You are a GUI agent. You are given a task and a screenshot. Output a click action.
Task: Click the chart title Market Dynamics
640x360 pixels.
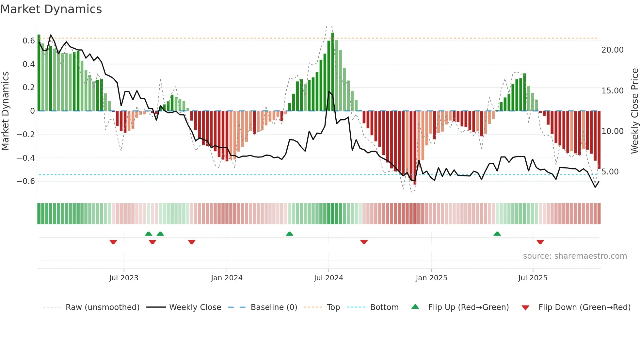[x=51, y=9]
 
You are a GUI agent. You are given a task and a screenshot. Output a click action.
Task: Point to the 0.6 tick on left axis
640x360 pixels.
[x=29, y=41]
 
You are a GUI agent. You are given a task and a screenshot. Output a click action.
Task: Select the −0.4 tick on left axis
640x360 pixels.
[x=26, y=158]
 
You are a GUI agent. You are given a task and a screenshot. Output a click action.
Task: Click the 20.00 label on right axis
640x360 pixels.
[x=612, y=50]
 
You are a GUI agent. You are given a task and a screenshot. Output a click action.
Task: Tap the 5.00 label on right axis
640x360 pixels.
[x=610, y=172]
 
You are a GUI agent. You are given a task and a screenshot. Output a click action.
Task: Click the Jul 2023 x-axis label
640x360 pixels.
[x=124, y=278]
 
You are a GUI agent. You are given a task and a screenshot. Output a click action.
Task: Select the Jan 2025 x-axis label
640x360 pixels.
[x=431, y=278]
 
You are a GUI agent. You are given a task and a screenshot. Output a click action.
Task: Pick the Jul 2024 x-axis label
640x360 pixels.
[x=328, y=278]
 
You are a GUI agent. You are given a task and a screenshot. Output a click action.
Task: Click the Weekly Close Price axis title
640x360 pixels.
[x=634, y=111]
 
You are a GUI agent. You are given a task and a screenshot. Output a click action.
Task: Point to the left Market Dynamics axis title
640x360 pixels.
[x=5, y=111]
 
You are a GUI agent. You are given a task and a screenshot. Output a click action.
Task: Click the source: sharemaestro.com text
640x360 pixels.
[x=575, y=256]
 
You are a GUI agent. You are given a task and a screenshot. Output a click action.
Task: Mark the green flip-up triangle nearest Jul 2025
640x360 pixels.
[x=497, y=234]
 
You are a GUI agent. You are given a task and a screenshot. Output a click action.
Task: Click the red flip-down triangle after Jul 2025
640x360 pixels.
[x=540, y=242]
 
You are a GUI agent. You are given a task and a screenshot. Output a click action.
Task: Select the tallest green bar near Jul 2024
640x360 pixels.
[x=332, y=72]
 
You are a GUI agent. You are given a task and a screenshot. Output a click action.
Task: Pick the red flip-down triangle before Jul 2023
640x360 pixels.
[x=113, y=242]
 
